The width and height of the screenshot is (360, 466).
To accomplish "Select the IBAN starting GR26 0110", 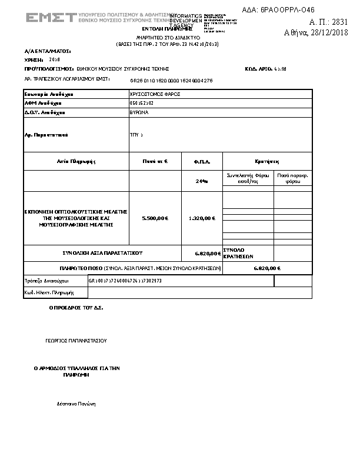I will (171, 80).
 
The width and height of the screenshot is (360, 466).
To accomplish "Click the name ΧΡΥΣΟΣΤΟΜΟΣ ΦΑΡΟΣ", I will (155, 94).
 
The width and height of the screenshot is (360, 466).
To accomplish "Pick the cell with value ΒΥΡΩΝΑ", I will (139, 112).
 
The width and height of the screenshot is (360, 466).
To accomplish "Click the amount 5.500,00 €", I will (155, 218).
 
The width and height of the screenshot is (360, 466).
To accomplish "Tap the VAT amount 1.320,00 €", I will (202, 218).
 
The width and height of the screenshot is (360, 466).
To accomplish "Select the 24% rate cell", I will (202, 181).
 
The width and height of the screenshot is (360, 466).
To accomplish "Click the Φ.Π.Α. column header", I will (202, 161).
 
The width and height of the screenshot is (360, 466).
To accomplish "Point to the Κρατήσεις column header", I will (266, 161).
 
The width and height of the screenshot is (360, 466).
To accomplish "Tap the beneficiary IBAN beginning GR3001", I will (125, 281).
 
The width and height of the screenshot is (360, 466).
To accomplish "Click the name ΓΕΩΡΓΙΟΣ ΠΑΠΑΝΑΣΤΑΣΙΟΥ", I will (76, 340).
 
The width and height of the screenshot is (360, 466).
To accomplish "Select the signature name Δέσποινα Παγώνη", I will (76, 404).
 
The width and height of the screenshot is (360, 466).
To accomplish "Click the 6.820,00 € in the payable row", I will (266, 268).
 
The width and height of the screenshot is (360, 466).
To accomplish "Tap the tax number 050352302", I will (141, 103).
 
